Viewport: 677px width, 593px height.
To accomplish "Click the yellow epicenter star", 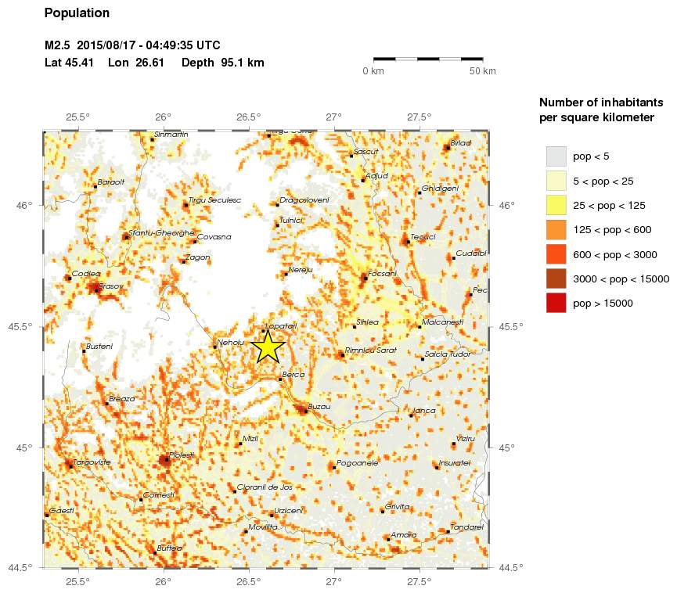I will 268,347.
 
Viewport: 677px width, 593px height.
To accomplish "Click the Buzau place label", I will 320,407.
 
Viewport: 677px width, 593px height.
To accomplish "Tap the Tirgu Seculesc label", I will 214,200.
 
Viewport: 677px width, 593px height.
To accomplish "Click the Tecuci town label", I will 423,236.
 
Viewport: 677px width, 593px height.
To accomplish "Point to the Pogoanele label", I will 358,463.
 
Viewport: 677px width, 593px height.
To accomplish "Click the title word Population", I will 77,13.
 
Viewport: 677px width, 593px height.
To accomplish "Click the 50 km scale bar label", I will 482,71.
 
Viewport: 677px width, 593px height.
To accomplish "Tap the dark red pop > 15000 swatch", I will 556,303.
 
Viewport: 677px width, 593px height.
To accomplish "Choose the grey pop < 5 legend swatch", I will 556,156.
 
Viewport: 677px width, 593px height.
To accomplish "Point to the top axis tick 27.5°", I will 420,117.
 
